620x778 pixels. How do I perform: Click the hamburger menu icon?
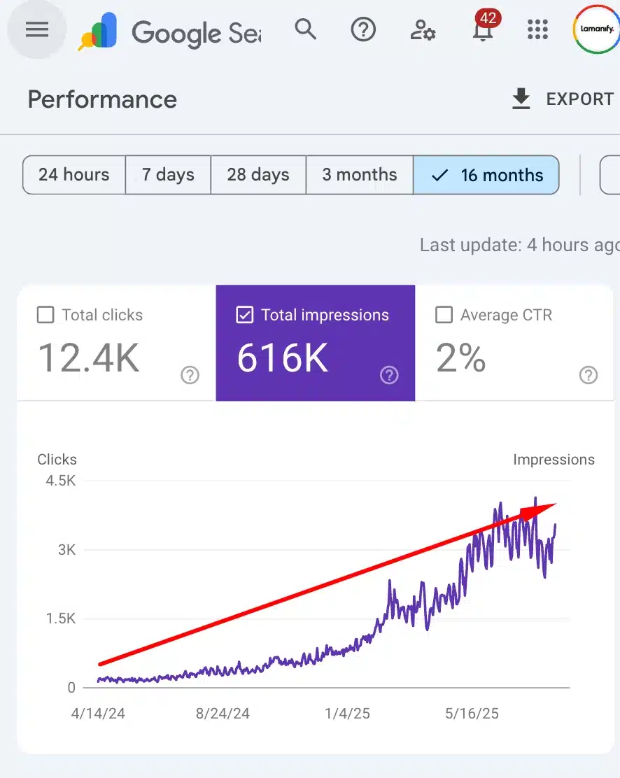(x=37, y=29)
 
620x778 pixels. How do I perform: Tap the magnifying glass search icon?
(x=305, y=29)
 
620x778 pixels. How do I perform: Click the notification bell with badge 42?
(x=481, y=30)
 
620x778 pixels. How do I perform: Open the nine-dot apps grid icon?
(x=537, y=29)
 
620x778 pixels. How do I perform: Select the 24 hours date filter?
(x=74, y=175)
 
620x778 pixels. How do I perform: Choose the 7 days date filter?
(x=168, y=175)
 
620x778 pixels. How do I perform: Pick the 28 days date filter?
(x=258, y=175)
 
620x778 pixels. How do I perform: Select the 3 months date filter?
(x=360, y=175)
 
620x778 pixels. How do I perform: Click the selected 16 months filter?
(x=487, y=175)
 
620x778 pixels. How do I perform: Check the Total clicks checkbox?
(x=45, y=316)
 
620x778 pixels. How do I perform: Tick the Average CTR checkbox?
(x=444, y=316)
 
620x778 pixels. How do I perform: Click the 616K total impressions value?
(x=282, y=358)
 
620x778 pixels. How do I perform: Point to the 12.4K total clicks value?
(x=88, y=358)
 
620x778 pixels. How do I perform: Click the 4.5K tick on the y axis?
(x=61, y=481)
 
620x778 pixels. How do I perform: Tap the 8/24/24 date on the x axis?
(x=223, y=714)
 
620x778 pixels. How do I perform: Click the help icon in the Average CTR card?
(x=589, y=376)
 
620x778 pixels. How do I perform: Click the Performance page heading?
(x=102, y=100)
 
